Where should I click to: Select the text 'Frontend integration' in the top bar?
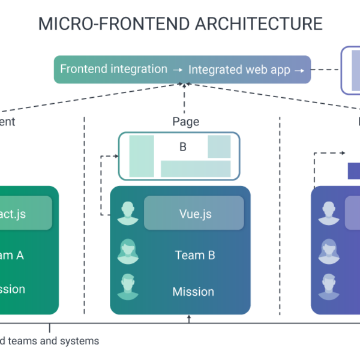tap(113, 69)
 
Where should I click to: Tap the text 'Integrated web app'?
tap(239, 70)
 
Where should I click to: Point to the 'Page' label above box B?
tap(185, 122)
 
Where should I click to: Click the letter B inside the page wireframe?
tap(183, 147)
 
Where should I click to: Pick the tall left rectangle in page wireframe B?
tap(142, 156)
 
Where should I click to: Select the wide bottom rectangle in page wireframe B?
tap(196, 169)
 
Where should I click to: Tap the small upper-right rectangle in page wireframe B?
tap(219, 146)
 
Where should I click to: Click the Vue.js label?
tap(195, 214)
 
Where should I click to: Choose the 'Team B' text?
tap(195, 255)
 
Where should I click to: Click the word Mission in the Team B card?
tap(193, 292)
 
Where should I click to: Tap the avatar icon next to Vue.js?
tap(127, 214)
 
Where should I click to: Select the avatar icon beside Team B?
tap(127, 252)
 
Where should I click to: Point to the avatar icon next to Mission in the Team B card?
tap(127, 287)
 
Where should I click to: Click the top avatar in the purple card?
tap(328, 214)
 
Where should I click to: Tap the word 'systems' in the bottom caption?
tap(78, 341)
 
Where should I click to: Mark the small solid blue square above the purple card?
tap(354, 170)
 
